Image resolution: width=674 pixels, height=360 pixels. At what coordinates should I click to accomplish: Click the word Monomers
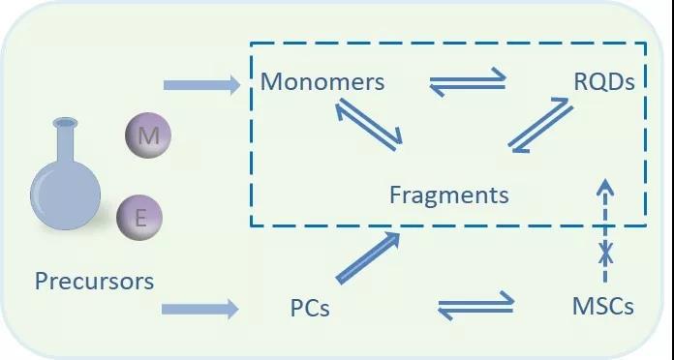[322, 81]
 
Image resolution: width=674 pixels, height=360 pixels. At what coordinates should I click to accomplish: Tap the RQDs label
[604, 81]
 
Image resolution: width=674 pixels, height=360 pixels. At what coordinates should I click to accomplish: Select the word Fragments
[449, 195]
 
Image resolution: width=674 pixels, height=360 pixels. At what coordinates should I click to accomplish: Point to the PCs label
[310, 308]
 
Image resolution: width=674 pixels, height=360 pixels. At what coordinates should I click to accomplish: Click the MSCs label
[603, 307]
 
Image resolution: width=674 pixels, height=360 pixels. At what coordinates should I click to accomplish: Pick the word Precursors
[94, 281]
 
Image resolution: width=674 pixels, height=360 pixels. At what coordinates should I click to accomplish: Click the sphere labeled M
[148, 135]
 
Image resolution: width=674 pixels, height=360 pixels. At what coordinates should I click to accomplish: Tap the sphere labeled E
[139, 218]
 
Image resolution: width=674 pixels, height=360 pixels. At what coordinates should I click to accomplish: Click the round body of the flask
[65, 195]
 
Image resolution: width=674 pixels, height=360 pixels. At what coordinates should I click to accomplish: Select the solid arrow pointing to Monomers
[201, 84]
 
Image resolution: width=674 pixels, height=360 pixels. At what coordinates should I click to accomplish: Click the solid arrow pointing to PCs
[199, 309]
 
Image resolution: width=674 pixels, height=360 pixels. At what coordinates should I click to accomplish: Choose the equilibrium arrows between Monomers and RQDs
[468, 81]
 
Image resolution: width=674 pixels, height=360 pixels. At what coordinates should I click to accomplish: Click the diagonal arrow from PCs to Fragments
[368, 257]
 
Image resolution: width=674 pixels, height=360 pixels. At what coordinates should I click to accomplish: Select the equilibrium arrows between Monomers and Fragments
[368, 125]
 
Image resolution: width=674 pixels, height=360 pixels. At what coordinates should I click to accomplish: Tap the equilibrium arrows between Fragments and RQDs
[540, 125]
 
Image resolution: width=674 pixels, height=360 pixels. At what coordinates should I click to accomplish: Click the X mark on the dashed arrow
[606, 253]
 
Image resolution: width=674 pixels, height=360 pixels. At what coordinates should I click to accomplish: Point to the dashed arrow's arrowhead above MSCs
[605, 186]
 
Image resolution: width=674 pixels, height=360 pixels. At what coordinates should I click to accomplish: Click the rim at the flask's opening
[65, 123]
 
